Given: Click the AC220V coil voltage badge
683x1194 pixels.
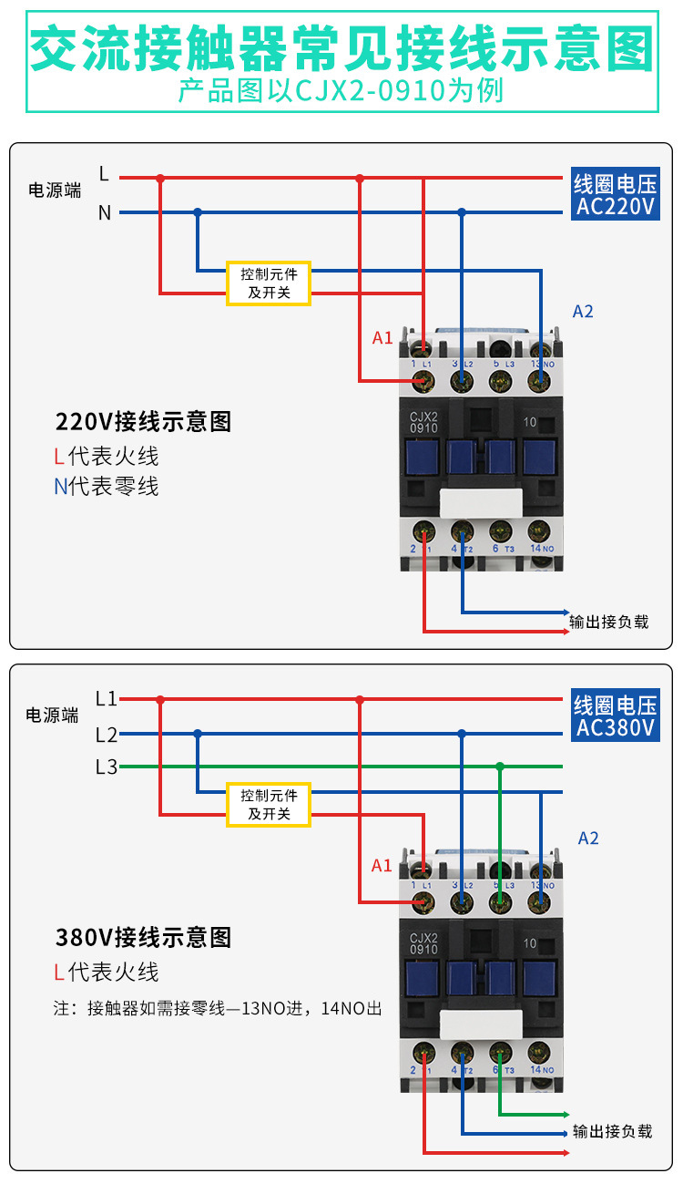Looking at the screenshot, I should tap(615, 195).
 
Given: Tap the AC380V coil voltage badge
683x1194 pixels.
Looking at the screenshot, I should tap(615, 716).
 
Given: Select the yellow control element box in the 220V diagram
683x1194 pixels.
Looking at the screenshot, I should tap(269, 283).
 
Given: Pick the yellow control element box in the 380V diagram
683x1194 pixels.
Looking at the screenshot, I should tap(269, 804).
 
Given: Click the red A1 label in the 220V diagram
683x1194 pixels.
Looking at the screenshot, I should tap(382, 338).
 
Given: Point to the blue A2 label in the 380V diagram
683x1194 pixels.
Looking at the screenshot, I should tap(588, 838).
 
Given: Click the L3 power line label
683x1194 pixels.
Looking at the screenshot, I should tap(107, 767).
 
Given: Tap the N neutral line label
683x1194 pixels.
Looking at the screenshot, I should tap(105, 213).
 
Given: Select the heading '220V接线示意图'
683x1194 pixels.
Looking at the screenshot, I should tap(143, 422).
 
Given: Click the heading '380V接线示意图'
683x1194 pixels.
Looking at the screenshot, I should tap(143, 937).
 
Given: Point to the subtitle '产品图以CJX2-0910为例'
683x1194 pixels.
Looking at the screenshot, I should tap(341, 92).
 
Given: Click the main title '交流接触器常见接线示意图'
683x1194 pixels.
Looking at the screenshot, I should tap(341, 47).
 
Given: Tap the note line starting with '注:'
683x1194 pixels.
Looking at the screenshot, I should tap(218, 1009).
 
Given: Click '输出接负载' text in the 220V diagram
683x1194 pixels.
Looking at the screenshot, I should tap(608, 623).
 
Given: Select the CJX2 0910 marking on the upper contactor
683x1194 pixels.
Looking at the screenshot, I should tap(424, 421).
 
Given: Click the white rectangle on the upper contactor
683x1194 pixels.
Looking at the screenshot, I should tap(481, 502).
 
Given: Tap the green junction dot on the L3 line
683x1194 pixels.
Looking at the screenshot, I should tap(500, 767).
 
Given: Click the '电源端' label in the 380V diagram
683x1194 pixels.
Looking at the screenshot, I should tap(52, 715).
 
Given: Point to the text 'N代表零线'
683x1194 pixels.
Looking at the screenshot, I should tap(106, 487).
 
